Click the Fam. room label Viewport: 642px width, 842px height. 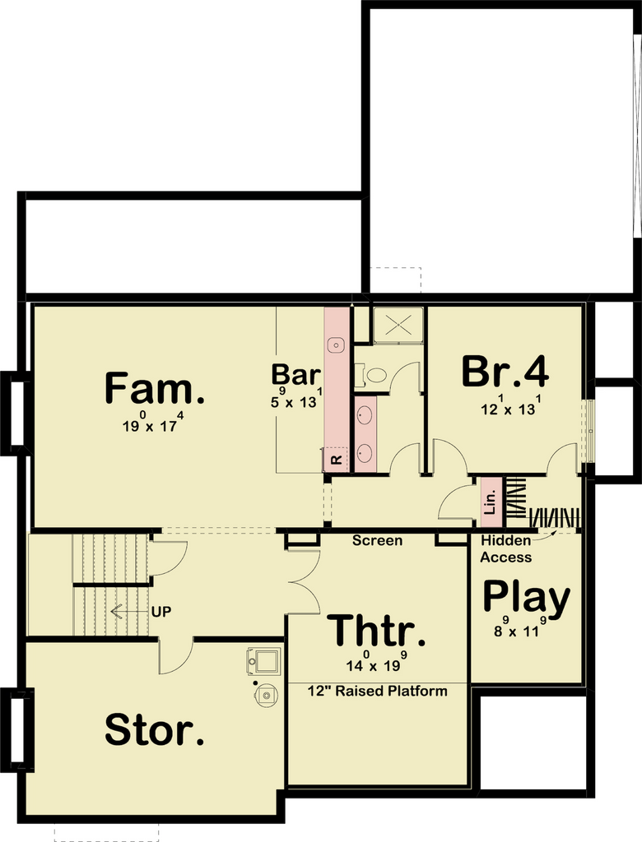(x=154, y=388)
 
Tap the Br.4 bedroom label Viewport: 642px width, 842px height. (x=505, y=372)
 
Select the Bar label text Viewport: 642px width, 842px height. (x=295, y=374)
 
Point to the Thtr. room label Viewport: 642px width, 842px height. (x=376, y=631)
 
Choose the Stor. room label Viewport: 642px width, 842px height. (x=154, y=729)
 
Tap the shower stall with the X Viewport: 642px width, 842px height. (x=398, y=326)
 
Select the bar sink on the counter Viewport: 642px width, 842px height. (x=337, y=345)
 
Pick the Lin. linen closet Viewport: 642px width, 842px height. (x=490, y=502)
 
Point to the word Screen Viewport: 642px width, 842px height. (x=377, y=540)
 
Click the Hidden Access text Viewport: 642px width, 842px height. (x=506, y=548)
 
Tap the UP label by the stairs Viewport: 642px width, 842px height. (x=161, y=612)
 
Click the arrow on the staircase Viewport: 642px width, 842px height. (x=129, y=612)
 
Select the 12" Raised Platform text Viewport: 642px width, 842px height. (x=378, y=691)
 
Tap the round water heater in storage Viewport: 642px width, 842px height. (x=266, y=695)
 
